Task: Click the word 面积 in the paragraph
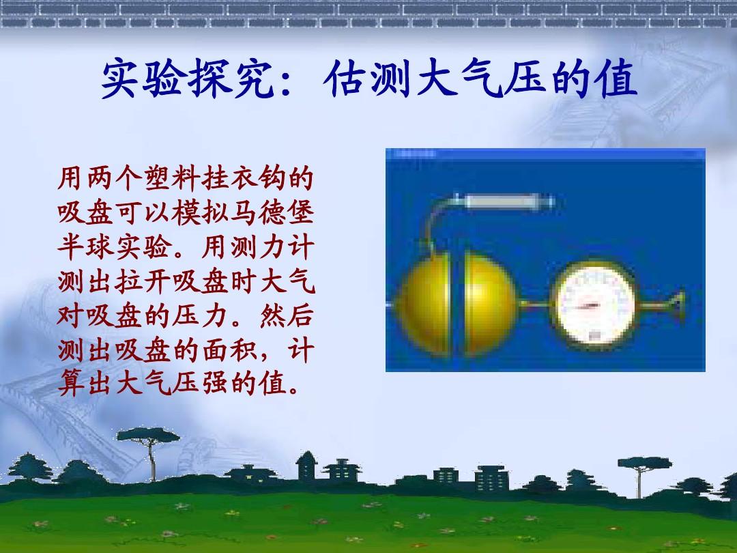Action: point(230,350)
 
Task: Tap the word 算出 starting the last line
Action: point(85,384)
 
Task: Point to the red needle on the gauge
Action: point(588,307)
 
